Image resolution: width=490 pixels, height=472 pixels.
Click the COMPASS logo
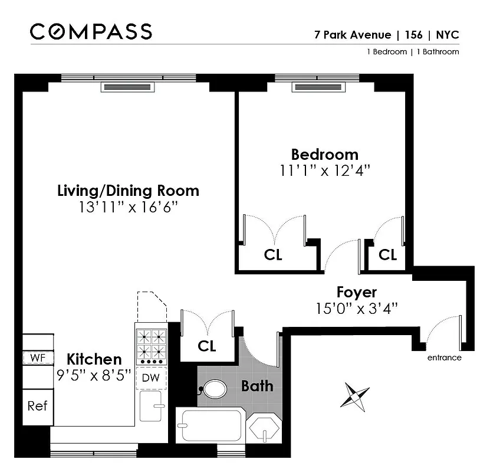coord(91,31)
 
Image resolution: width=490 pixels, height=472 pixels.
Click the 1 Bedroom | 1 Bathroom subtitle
coord(412,52)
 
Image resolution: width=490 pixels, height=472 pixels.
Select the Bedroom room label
coord(324,155)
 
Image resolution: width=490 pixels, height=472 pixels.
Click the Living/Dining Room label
coord(128,191)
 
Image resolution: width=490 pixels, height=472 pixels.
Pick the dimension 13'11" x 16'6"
coord(128,207)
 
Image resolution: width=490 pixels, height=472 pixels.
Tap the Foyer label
coord(356,292)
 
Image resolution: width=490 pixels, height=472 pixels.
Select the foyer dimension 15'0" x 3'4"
coord(356,307)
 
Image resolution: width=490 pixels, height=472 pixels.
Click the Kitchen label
coord(94,359)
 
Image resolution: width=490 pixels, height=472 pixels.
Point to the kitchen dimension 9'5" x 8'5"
coord(94,375)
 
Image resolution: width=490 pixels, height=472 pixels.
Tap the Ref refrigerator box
coord(37,406)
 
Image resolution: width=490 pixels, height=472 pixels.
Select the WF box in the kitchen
coord(37,358)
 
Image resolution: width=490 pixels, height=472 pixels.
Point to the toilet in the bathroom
coord(213,389)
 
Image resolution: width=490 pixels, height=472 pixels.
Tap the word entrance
coord(444,358)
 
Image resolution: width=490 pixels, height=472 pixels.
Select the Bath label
coord(257,386)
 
